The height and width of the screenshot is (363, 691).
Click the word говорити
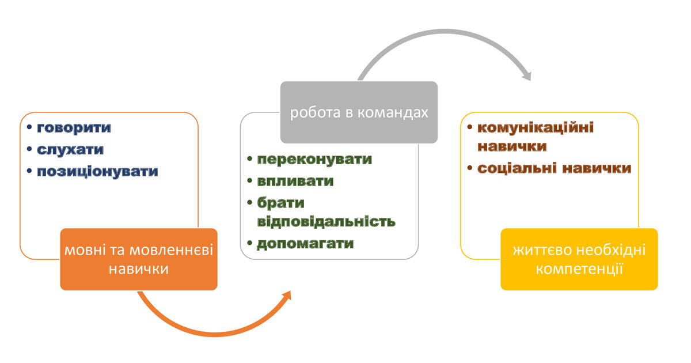click(74, 127)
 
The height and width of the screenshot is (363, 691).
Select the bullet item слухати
click(70, 150)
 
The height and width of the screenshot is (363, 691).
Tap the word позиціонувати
click(97, 172)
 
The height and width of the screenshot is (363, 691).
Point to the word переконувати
click(314, 159)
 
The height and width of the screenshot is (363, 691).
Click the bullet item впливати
click(295, 181)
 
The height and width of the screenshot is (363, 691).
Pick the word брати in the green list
click(280, 203)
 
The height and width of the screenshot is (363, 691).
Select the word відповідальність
click(326, 221)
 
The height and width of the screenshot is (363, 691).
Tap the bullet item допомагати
click(305, 243)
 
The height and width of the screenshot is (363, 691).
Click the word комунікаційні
click(536, 127)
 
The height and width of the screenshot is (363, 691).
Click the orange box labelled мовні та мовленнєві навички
click(139, 259)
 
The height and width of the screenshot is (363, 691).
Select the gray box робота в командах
click(359, 112)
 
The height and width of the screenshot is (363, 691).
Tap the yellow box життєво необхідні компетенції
click(579, 259)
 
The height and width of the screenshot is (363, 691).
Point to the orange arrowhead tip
click(290, 293)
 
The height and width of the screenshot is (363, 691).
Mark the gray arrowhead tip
click(527, 79)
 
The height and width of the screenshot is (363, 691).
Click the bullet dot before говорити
click(29, 128)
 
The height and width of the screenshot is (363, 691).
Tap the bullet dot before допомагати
click(249, 244)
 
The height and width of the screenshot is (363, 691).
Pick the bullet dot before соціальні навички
click(470, 169)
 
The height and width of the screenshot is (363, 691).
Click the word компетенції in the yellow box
click(579, 268)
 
